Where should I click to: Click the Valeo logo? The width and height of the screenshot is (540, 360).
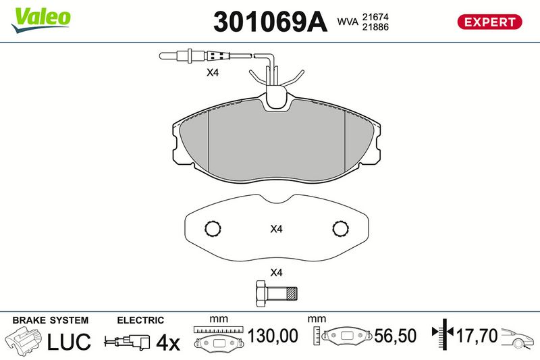point(40,20)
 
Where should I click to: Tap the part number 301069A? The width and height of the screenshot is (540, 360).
point(270,22)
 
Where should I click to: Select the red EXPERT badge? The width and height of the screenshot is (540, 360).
point(489,22)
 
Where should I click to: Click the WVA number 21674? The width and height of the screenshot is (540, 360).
point(375,17)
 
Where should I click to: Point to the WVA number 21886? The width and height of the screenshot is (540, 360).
point(375,27)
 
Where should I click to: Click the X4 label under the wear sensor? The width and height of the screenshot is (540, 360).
point(213,73)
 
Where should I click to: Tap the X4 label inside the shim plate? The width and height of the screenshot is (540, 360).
point(276,229)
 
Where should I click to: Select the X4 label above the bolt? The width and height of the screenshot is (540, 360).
point(276,272)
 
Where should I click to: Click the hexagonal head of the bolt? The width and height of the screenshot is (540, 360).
point(261,294)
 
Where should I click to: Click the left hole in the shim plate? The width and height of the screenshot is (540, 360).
point(213,228)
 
